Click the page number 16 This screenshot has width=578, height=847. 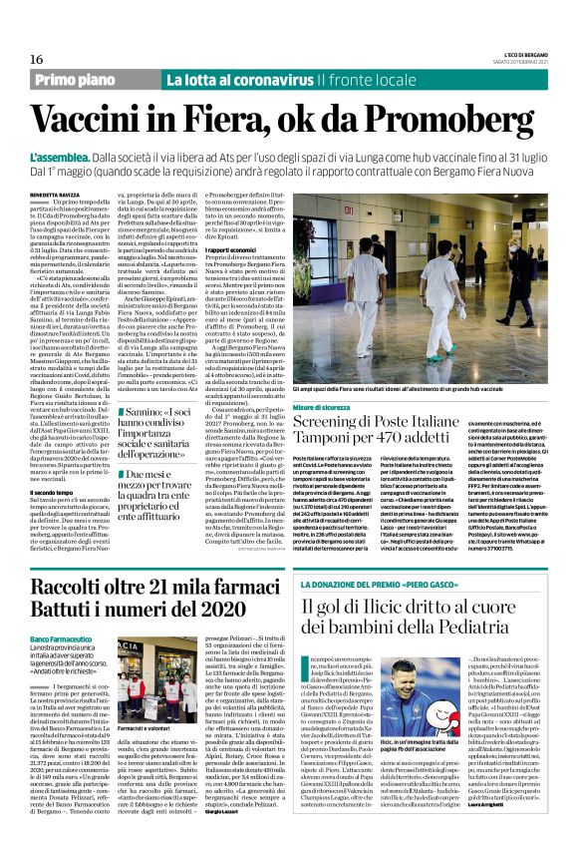[x=23, y=59]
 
